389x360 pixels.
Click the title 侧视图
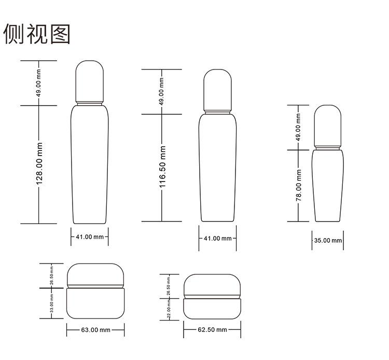click(x=36, y=34)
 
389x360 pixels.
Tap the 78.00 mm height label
click(x=299, y=191)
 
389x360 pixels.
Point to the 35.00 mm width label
click(x=328, y=241)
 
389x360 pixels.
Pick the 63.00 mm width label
click(x=95, y=330)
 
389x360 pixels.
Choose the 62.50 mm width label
click(x=212, y=330)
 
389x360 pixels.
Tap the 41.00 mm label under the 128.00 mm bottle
click(x=89, y=237)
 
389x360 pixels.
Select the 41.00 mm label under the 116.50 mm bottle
click(x=217, y=239)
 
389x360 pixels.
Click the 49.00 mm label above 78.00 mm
click(x=299, y=128)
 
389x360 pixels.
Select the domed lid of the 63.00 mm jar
click(x=95, y=274)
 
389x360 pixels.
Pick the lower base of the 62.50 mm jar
click(x=212, y=309)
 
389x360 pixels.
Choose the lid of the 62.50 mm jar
click(x=212, y=285)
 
